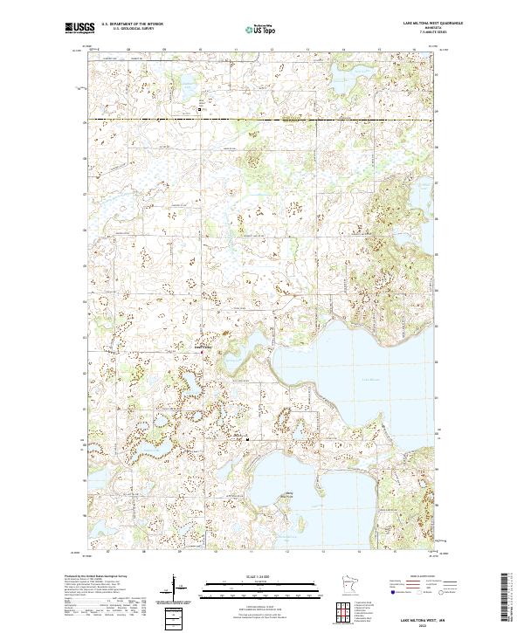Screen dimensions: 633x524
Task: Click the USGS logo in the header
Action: pos(79,28)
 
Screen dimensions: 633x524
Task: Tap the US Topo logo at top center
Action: pos(263,29)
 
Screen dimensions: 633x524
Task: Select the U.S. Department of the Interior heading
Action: pos(134,24)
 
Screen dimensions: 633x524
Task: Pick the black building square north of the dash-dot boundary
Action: pos(199,110)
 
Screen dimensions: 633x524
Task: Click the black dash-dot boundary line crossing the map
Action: pos(262,119)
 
